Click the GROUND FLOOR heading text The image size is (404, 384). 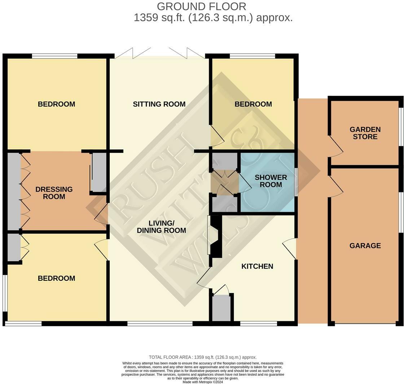[202, 6]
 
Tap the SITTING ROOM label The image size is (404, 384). [159, 104]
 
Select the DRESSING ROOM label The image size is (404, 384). [54, 193]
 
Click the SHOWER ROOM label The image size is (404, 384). [271, 181]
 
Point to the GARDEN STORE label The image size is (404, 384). [365, 133]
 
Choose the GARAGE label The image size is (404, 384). [365, 246]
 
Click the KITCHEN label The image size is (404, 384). [257, 266]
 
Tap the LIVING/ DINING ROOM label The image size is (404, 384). [161, 227]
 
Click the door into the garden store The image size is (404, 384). [335, 146]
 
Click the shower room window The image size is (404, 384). [296, 182]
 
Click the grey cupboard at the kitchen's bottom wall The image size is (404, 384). [221, 308]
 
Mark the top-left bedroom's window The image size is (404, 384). [54, 56]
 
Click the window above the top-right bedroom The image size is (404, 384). [252, 56]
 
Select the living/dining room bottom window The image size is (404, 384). [160, 324]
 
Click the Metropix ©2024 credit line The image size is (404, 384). [203, 382]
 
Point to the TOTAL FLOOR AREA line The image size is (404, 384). [203, 357]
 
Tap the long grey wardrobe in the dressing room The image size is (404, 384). [14, 191]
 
